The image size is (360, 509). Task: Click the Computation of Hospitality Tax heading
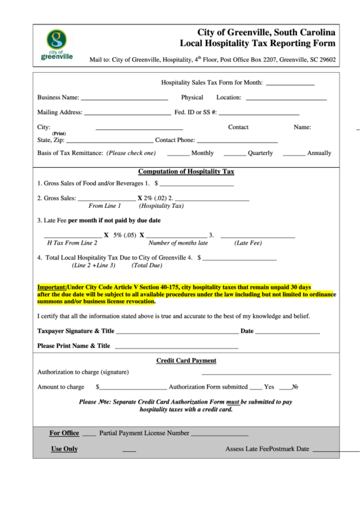click(185, 171)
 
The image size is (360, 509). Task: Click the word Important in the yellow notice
click(52, 287)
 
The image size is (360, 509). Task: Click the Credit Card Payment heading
click(186, 361)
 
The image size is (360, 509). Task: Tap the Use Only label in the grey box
click(65, 449)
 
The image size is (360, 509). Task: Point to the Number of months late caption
click(178, 243)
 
